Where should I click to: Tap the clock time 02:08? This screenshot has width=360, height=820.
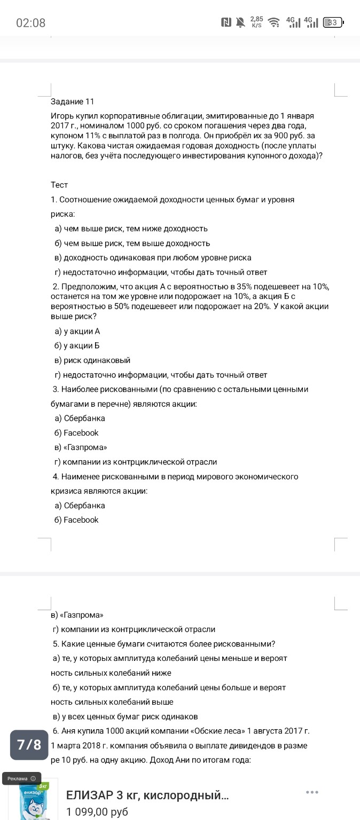click(x=31, y=23)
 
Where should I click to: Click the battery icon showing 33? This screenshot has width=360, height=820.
click(x=332, y=22)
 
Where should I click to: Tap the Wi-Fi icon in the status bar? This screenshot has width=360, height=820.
click(x=273, y=22)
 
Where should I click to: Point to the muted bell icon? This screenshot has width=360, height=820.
click(x=240, y=22)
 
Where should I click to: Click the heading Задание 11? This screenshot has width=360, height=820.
click(x=72, y=101)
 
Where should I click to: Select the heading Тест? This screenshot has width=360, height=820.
click(x=59, y=185)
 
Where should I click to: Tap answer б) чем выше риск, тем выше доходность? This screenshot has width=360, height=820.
click(x=132, y=243)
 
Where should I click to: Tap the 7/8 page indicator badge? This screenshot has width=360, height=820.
click(x=29, y=745)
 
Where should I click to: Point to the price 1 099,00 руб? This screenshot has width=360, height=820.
click(x=97, y=812)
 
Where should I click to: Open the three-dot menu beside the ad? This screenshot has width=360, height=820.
click(x=312, y=792)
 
